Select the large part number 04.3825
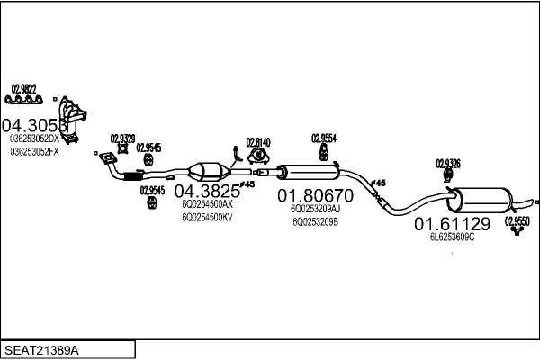click(x=207, y=191)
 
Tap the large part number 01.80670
click(x=315, y=194)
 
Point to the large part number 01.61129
click(x=452, y=223)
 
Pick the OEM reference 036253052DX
click(x=34, y=139)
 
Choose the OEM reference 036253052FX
click(x=34, y=151)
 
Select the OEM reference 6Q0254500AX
click(x=207, y=204)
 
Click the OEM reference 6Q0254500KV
click(x=207, y=217)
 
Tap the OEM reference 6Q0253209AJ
click(x=315, y=208)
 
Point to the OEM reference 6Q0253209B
click(x=315, y=220)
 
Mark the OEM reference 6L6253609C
click(x=452, y=237)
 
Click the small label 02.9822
click(x=23, y=87)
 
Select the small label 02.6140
click(x=258, y=142)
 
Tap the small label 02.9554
click(x=324, y=138)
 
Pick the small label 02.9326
click(x=447, y=163)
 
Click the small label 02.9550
click(x=517, y=220)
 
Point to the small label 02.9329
click(x=122, y=138)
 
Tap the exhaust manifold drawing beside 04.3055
click(x=77, y=117)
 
